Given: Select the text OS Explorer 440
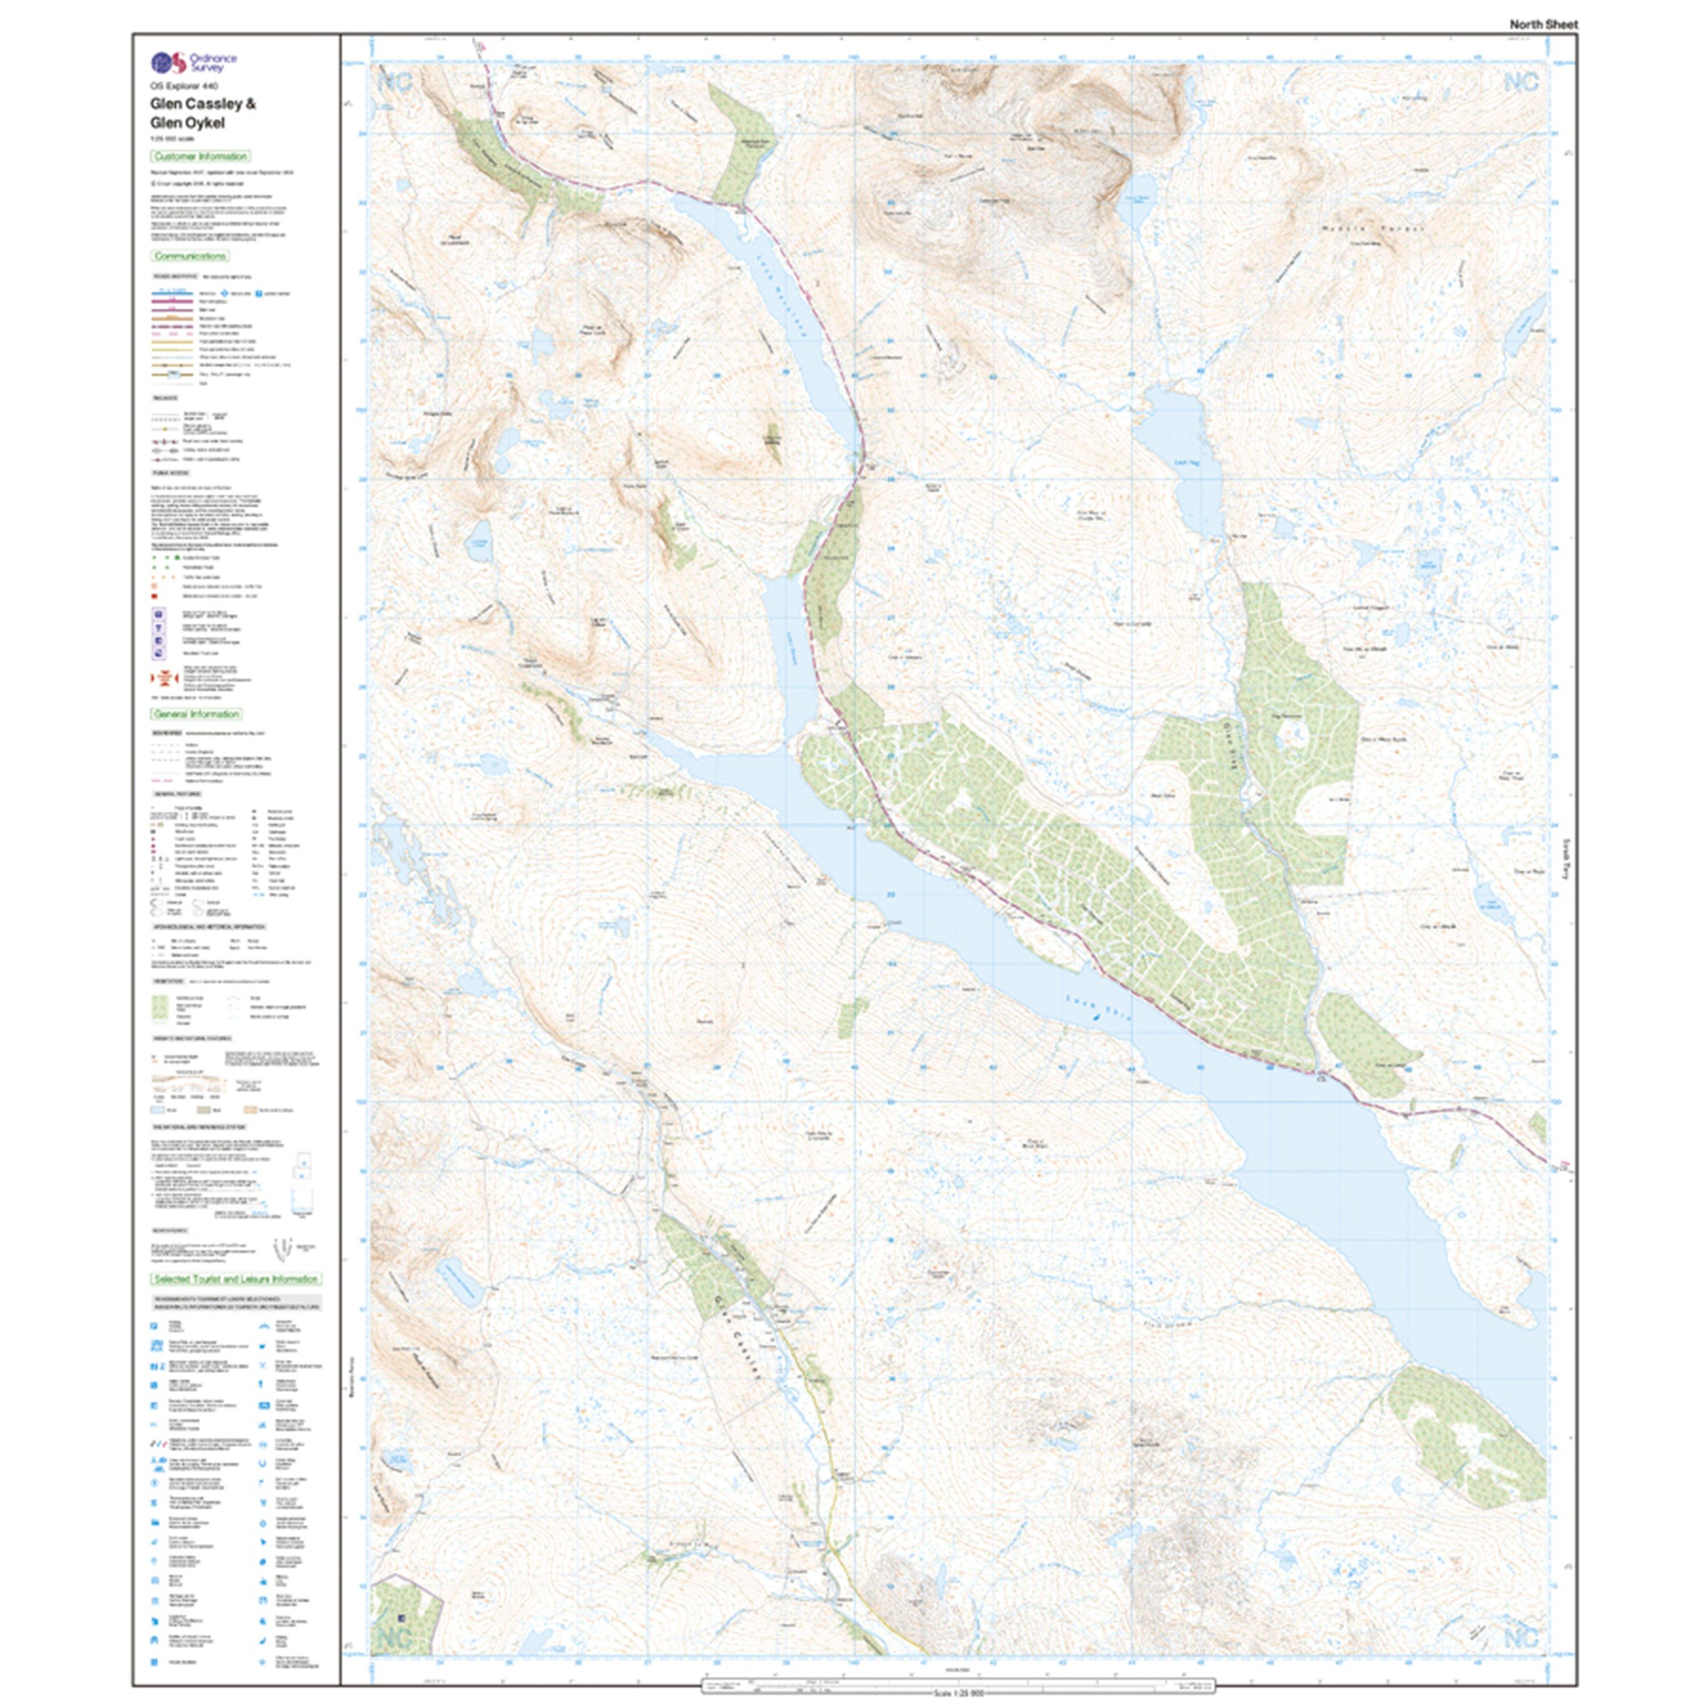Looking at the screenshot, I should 183,86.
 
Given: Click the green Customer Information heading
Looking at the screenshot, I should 200,157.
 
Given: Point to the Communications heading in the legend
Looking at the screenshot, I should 191,256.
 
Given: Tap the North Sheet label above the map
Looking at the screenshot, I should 1543,24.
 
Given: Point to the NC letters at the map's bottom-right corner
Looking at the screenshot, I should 1521,1637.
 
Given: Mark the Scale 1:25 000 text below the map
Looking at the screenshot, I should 958,1693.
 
